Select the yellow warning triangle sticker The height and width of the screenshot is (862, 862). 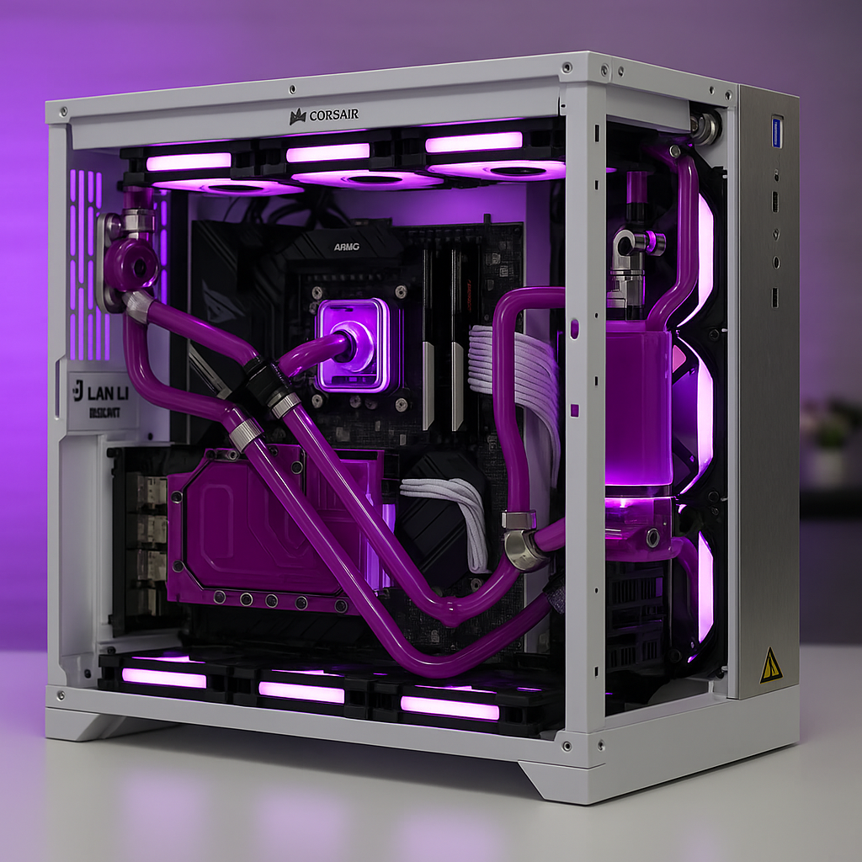coord(770,666)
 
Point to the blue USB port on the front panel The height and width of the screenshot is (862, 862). coord(776,131)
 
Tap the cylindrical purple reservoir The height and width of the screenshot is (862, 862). coord(637,404)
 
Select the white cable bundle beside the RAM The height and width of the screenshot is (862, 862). coord(513,370)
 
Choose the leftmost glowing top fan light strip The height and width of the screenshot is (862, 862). coord(189,161)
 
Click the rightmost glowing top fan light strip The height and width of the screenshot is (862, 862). coord(474,142)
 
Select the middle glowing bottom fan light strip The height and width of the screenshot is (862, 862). coord(301,692)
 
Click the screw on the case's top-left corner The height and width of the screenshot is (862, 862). coord(62,110)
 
